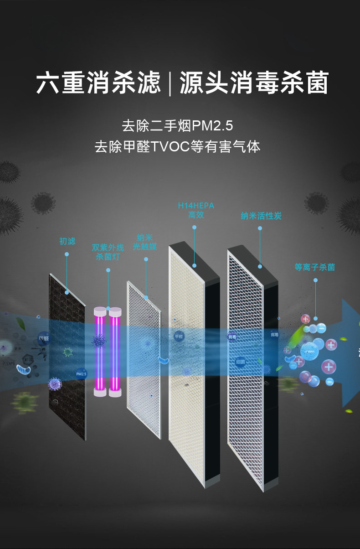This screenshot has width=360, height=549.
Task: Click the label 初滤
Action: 67,241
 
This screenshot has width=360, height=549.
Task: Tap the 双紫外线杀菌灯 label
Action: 108,252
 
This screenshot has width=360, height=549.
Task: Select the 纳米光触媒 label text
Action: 145,242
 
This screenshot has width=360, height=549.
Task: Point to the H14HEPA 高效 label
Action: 196,210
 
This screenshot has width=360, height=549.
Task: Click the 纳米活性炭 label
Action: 261,216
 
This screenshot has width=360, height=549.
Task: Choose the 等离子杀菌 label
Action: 314,267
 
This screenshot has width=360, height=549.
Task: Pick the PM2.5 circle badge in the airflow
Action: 81,374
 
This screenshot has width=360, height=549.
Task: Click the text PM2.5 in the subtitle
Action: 212,124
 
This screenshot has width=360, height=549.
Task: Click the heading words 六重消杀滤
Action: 98,83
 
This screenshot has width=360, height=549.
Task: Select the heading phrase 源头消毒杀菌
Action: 254,83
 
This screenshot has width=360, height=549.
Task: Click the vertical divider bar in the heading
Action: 170,83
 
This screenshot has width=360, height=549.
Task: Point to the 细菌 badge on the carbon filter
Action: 241,362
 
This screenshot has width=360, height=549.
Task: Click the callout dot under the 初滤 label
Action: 67,254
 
